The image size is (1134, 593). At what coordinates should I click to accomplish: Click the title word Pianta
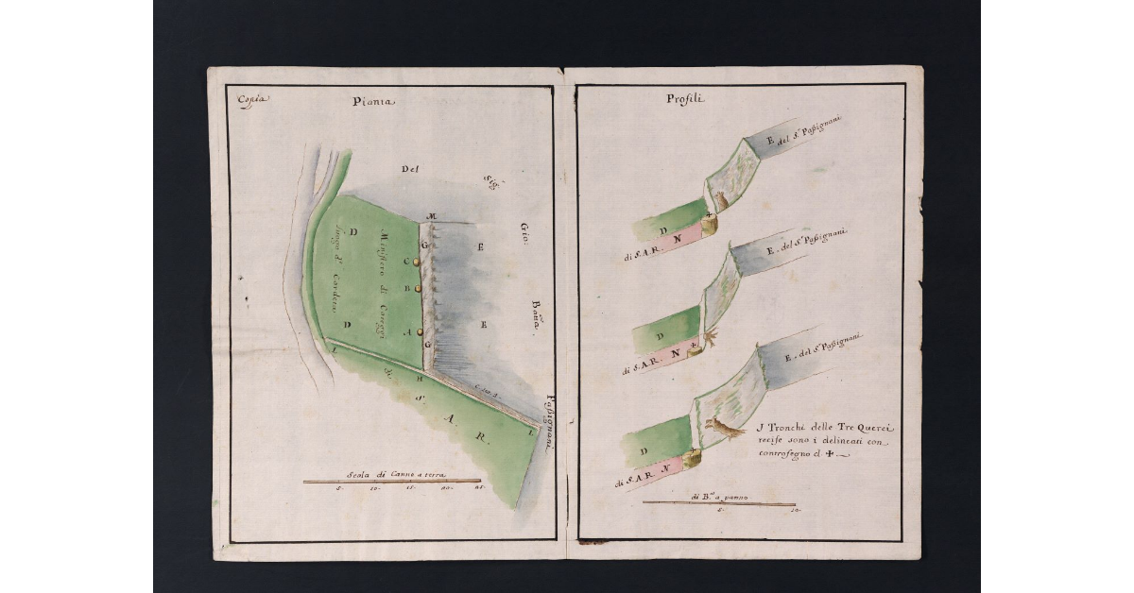[x=373, y=102]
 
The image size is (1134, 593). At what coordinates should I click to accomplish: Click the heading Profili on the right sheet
[x=684, y=99]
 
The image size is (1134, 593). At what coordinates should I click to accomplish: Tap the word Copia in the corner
[x=252, y=99]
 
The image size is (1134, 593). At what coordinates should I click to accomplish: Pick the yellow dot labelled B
[x=417, y=289]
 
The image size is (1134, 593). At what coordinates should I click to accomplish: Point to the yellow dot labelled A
[x=417, y=331]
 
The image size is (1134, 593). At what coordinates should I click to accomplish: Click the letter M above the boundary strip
[x=430, y=218]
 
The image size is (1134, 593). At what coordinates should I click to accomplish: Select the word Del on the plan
[x=409, y=171]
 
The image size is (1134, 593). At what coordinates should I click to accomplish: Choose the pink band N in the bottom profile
[x=667, y=466]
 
